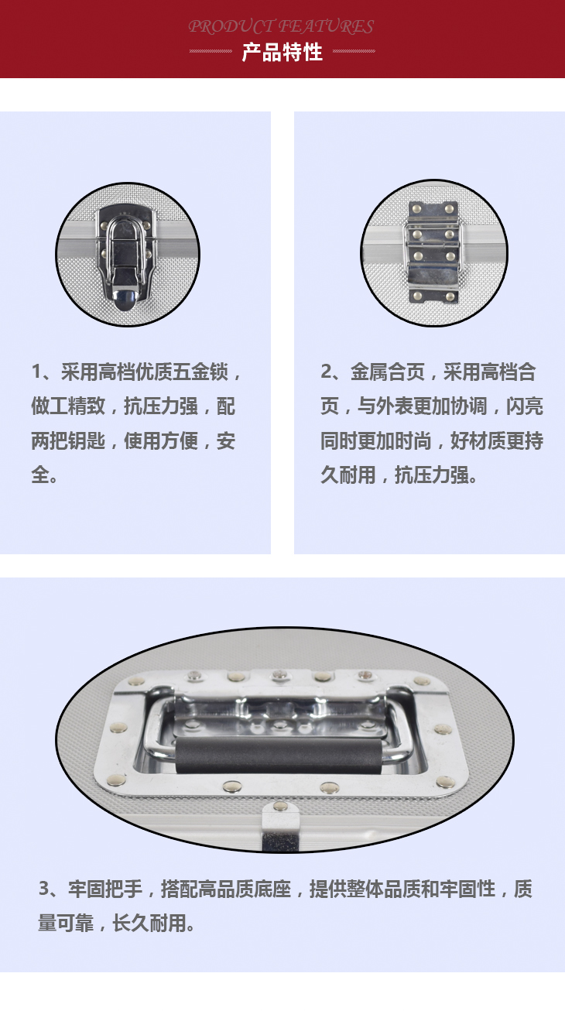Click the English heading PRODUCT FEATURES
pyautogui.click(x=281, y=27)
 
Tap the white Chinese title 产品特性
pyautogui.click(x=282, y=53)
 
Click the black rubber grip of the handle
pyautogui.click(x=279, y=756)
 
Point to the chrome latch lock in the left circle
pyautogui.click(x=127, y=255)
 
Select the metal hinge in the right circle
pyautogui.click(x=433, y=252)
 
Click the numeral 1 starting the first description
pyautogui.click(x=37, y=372)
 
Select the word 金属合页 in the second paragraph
pyautogui.click(x=388, y=372)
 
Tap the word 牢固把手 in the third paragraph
pyautogui.click(x=105, y=889)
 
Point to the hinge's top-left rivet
pyautogui.click(x=416, y=208)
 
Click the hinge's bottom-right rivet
pyautogui.click(x=450, y=296)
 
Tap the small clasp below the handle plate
pyautogui.click(x=280, y=826)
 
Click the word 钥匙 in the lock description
pyautogui.click(x=87, y=440)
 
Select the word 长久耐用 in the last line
pyautogui.click(x=149, y=923)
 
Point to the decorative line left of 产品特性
pyautogui.click(x=211, y=51)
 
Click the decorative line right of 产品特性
pyautogui.click(x=354, y=51)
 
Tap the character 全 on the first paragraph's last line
pyautogui.click(x=40, y=475)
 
